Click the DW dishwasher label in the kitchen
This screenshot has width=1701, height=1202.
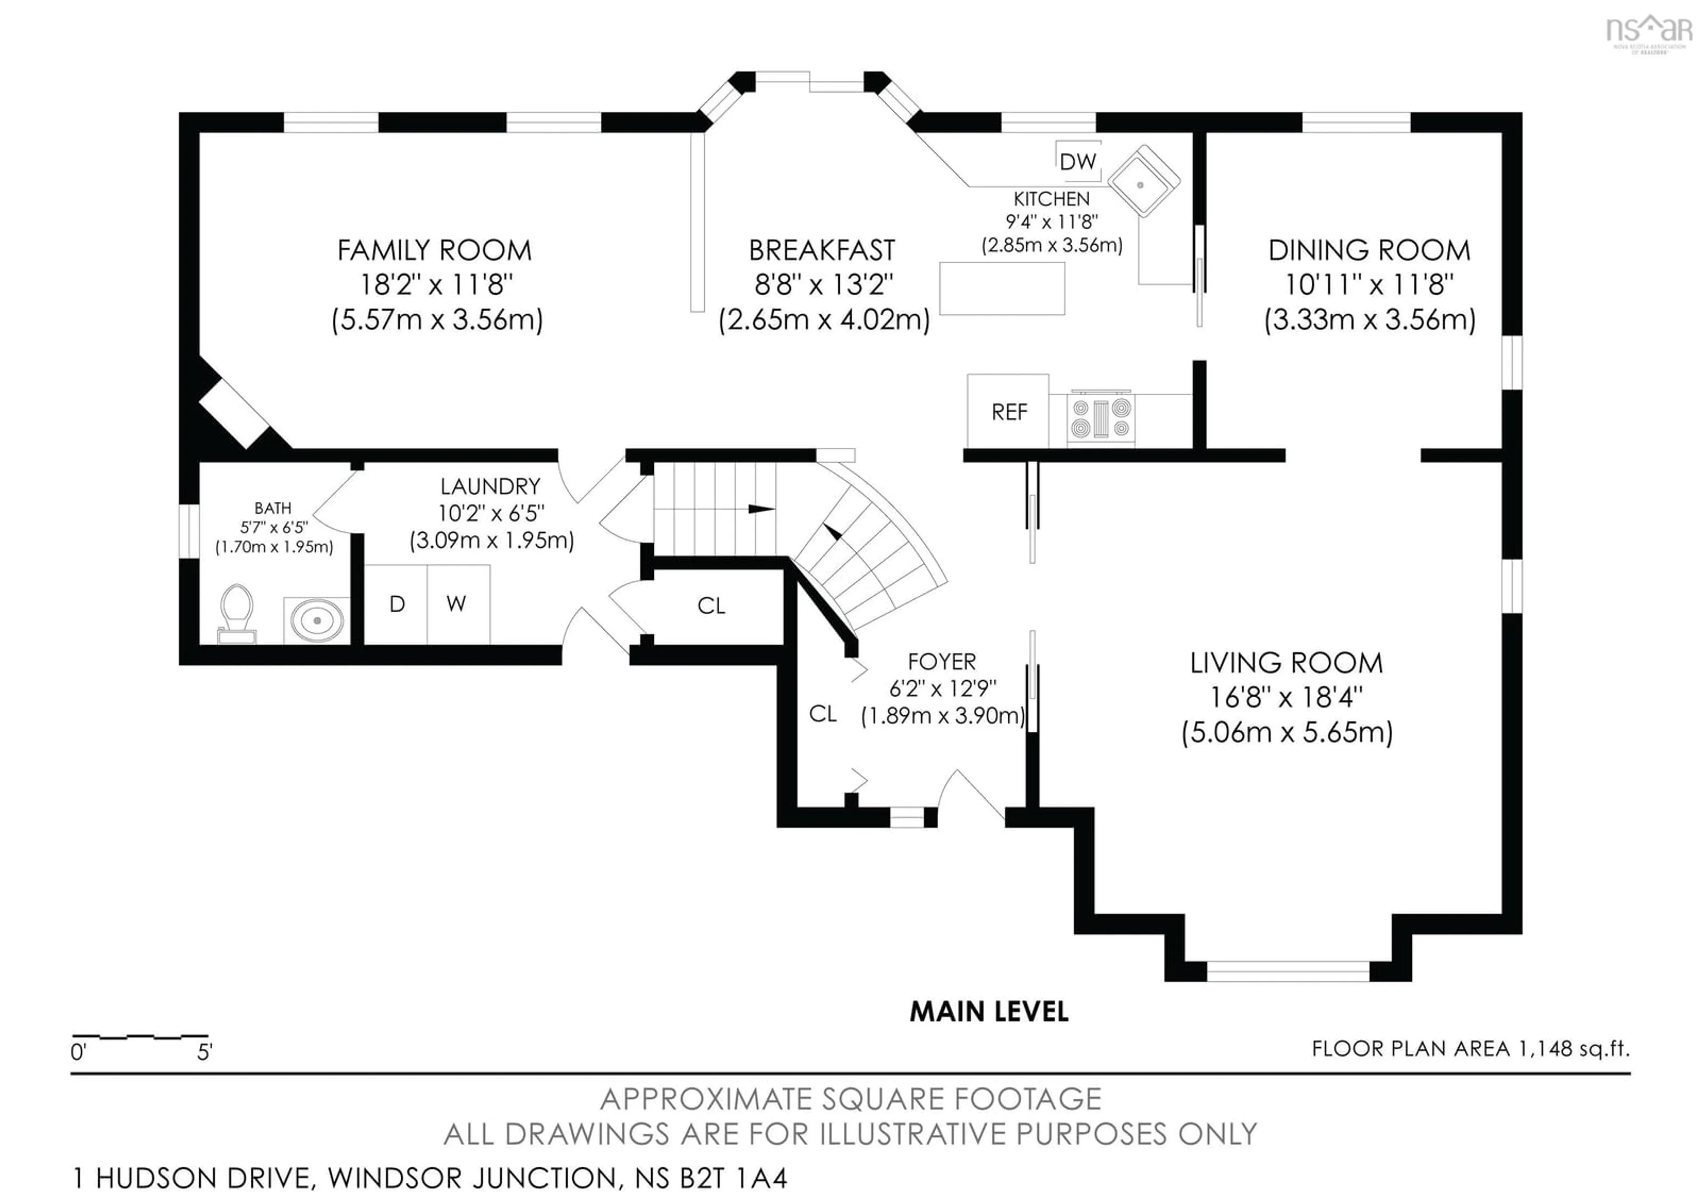[1077, 161]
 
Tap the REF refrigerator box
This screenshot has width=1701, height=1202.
[1008, 412]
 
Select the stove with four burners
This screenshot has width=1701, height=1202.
[1101, 419]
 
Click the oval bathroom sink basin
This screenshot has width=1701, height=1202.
[317, 620]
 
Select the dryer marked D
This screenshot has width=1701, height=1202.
[397, 604]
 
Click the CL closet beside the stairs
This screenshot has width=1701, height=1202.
[711, 606]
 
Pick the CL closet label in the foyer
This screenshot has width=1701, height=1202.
[822, 714]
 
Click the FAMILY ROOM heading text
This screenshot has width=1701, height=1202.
[435, 250]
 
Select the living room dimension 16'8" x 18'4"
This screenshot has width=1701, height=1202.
[1286, 697]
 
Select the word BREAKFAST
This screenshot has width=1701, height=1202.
[822, 250]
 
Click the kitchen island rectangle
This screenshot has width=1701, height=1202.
[1002, 289]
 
